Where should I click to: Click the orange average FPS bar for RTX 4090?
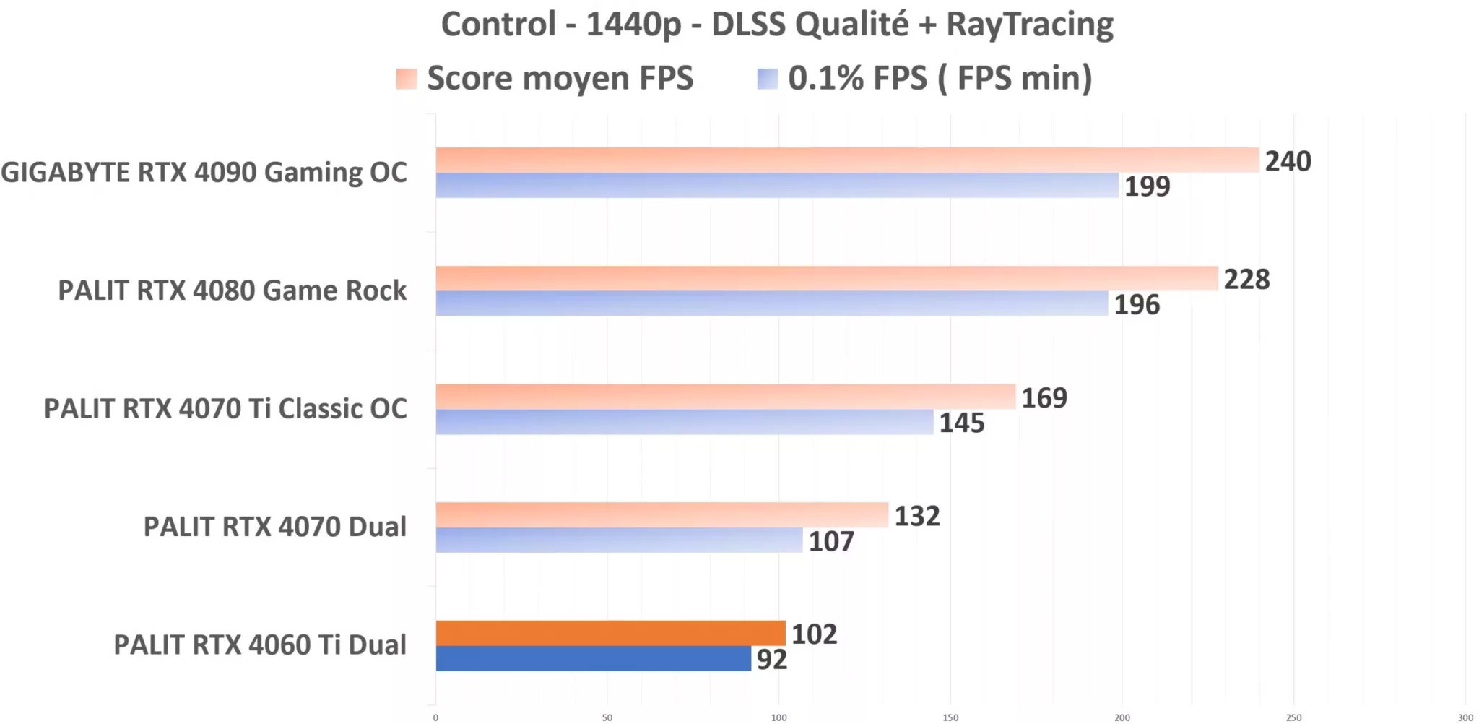point(846,160)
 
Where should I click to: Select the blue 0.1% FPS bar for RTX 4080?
point(771,303)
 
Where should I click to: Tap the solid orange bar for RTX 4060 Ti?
point(610,633)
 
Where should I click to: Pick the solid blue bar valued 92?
point(593,658)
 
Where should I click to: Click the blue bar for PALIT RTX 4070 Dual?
point(619,540)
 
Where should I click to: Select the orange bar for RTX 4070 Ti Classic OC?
point(725,397)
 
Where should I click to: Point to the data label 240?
point(1288,161)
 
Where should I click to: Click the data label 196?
point(1137,305)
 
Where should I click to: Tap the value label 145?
point(961,423)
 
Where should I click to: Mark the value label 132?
point(917,516)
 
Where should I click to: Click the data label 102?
point(814,634)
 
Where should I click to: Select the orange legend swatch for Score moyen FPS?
point(407,79)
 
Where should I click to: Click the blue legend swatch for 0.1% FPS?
point(767,79)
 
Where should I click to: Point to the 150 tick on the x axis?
point(950,717)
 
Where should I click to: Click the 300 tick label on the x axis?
point(1465,717)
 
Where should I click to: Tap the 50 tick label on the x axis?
point(607,717)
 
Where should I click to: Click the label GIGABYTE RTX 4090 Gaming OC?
point(204,173)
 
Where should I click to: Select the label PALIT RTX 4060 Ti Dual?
point(260,645)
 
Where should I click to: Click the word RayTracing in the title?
point(1030,24)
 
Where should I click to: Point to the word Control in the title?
point(498,24)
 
